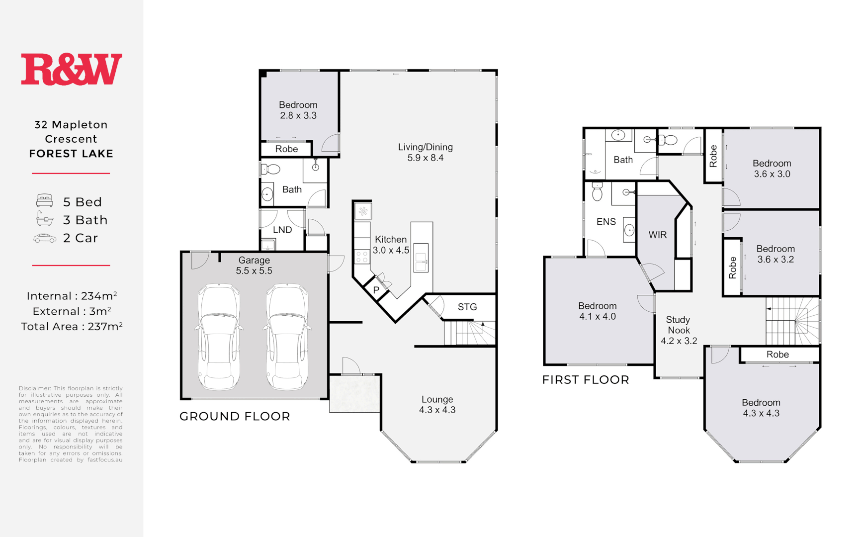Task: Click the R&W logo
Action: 71,69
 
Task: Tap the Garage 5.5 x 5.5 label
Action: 254,266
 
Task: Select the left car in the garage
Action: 219,337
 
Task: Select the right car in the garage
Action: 287,337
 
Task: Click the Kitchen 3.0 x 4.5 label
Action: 391,245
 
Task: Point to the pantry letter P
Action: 376,290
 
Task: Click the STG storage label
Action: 467,307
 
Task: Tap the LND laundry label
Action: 282,230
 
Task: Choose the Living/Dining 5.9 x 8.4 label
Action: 425,152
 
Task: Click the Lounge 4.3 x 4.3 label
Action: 437,404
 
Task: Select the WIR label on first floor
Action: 657,235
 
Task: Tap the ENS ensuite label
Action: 606,222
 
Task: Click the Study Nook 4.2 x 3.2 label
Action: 679,330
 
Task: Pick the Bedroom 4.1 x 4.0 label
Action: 597,311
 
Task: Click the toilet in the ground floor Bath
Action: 270,169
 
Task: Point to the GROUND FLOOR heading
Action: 235,416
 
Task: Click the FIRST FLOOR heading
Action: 586,380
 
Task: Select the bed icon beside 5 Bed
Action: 45,201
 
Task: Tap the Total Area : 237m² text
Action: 72,327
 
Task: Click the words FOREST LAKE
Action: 71,154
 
